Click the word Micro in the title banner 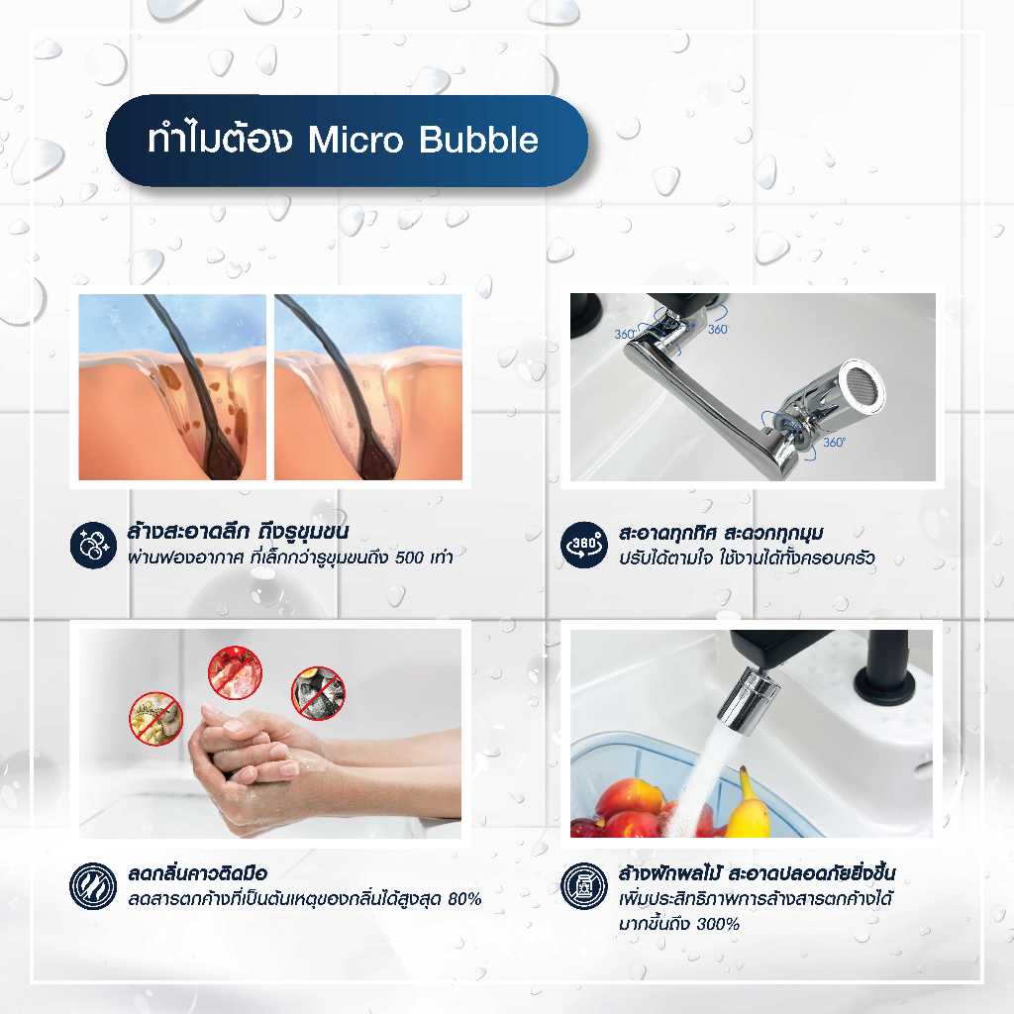[x=355, y=140]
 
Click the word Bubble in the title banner [x=478, y=140]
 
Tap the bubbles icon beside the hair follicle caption [x=93, y=546]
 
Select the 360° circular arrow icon [x=584, y=546]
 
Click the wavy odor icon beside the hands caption [x=93, y=886]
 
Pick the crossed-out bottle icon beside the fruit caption [x=584, y=886]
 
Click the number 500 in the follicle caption [x=409, y=558]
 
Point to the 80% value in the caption [x=464, y=899]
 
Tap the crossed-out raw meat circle [x=236, y=673]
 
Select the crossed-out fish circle [x=318, y=693]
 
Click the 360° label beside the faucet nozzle [x=834, y=443]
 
